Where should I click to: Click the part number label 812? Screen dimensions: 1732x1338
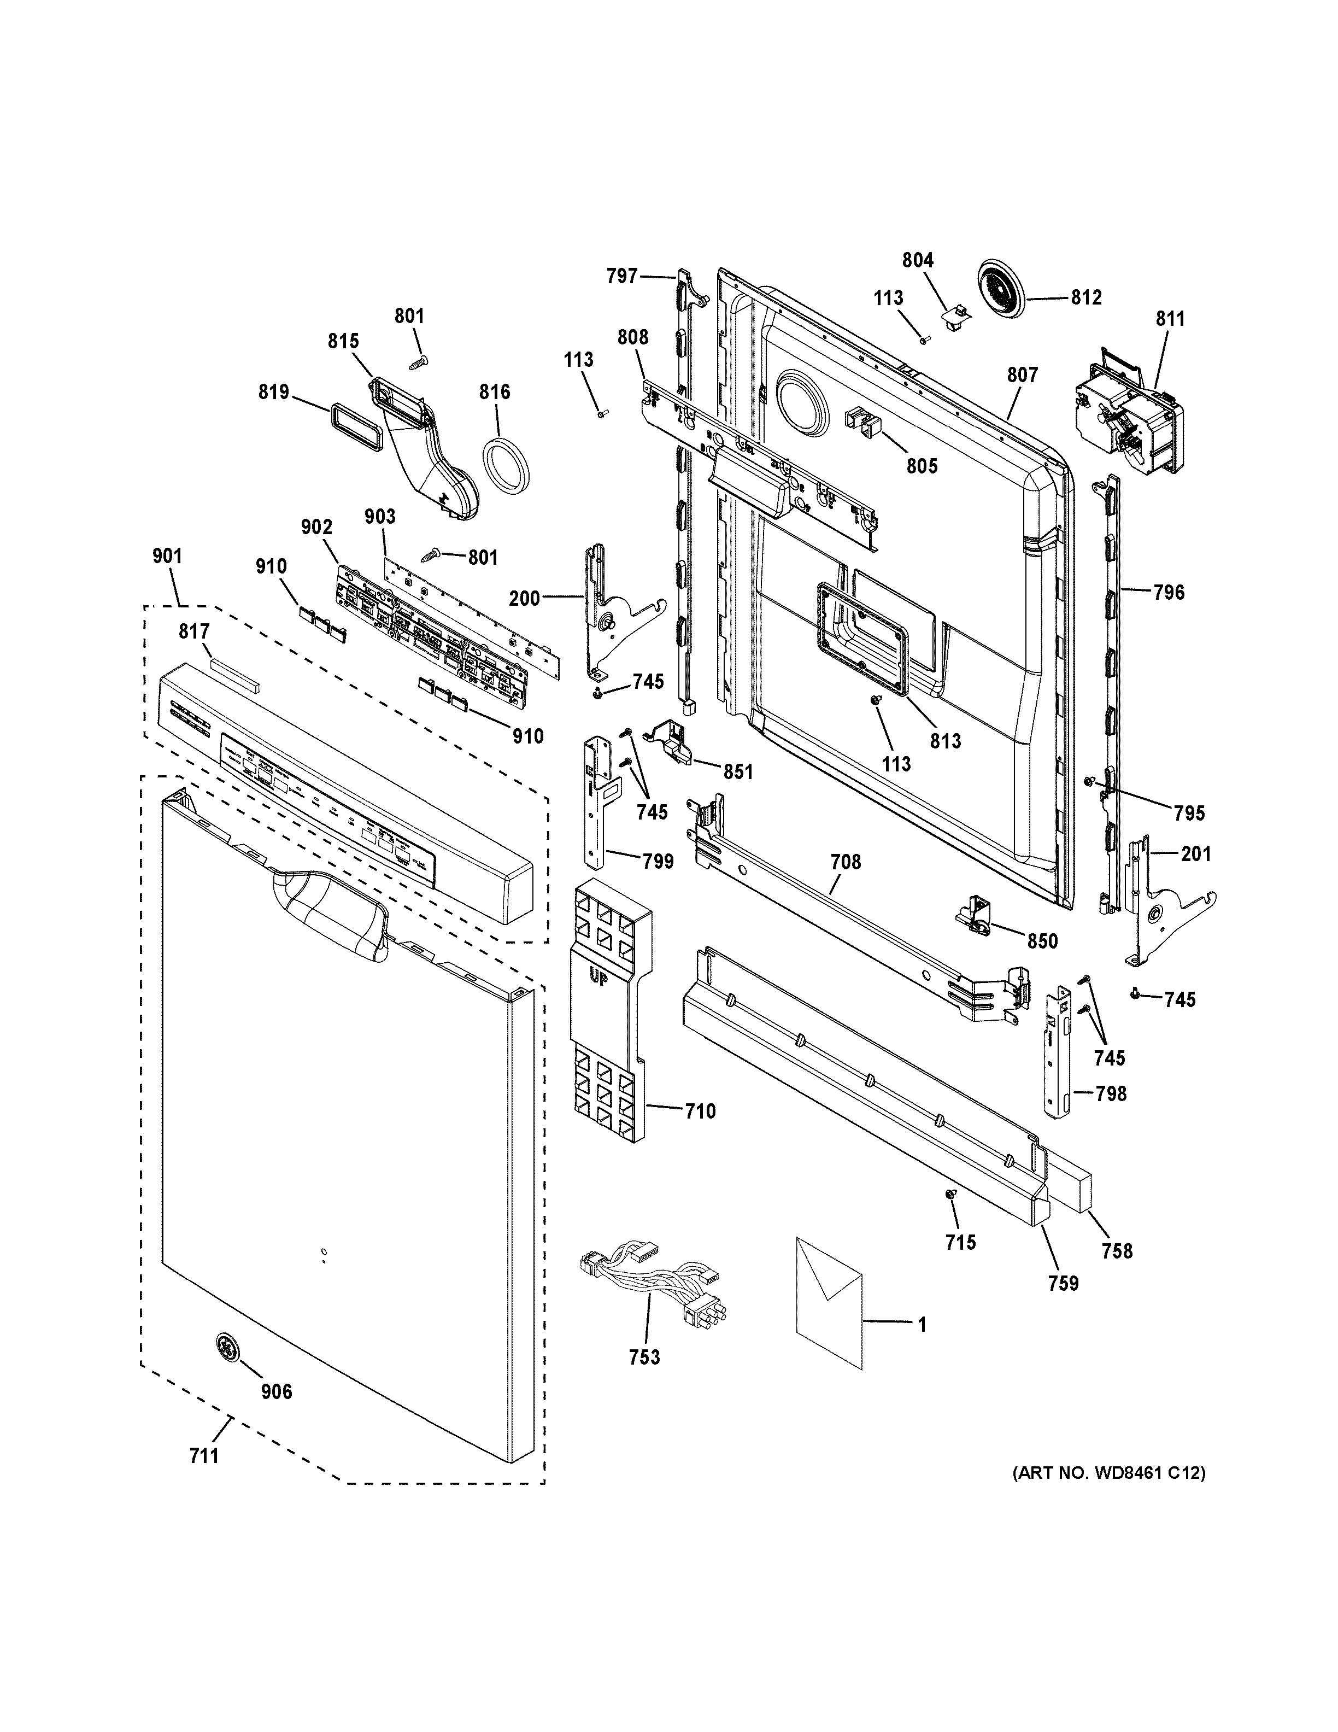click(1086, 297)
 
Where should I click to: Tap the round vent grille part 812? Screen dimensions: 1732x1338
click(1001, 292)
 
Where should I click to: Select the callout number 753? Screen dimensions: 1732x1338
click(644, 1357)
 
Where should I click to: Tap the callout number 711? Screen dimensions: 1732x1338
click(204, 1455)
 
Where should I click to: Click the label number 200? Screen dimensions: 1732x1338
click(524, 598)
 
